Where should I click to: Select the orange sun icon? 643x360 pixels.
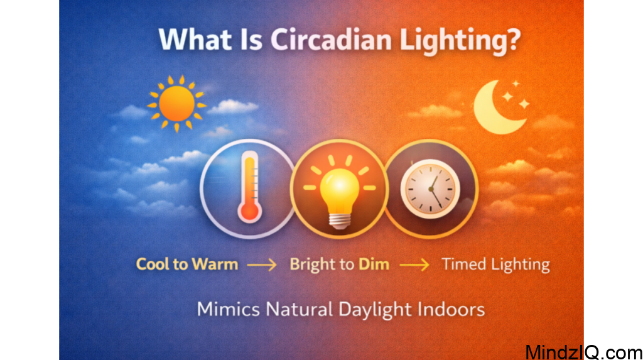(176, 104)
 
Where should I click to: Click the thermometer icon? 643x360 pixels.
(249, 188)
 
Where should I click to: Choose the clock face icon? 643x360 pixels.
(430, 188)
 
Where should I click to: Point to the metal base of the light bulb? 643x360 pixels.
(339, 219)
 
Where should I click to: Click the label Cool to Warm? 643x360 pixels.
(187, 264)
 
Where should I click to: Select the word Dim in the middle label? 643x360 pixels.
(374, 264)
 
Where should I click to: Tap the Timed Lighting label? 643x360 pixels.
(495, 265)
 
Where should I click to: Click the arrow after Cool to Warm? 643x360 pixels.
(262, 265)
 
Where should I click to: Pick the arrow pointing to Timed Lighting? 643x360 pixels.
(414, 265)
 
